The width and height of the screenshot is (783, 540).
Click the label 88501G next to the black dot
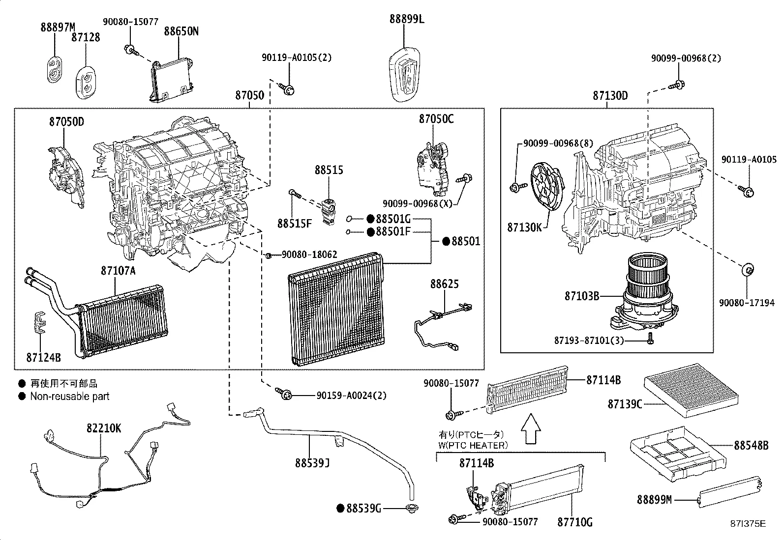tap(392, 219)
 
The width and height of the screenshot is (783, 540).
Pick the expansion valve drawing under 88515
tap(329, 212)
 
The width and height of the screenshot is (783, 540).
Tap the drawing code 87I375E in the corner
tap(748, 524)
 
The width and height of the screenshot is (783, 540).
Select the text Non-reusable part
tap(70, 396)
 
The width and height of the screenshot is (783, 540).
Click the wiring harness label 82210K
tap(104, 428)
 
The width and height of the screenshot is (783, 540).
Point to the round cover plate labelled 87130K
tap(547, 188)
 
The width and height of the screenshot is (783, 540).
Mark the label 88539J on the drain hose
tap(312, 463)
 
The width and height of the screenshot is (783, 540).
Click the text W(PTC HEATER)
tap(473, 445)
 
